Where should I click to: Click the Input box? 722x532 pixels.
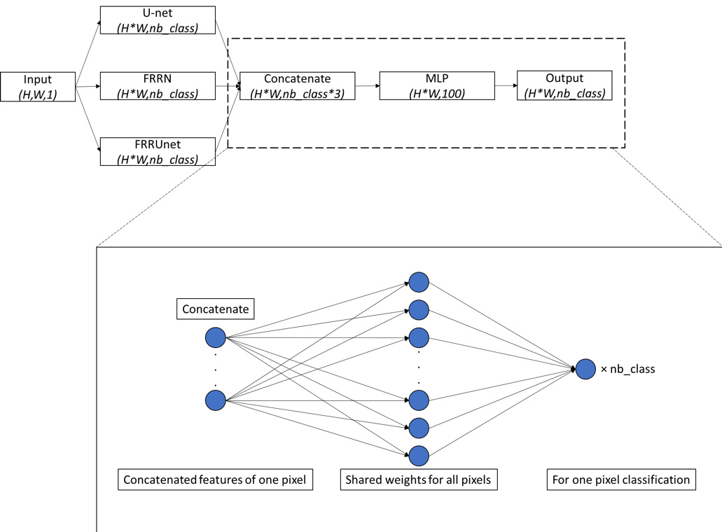pos(38,86)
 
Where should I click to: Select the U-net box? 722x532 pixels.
pos(158,21)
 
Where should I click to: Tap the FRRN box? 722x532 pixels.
pos(158,86)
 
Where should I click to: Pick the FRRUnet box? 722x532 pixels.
pos(158,151)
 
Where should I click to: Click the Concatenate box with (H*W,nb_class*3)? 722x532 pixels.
pos(297,86)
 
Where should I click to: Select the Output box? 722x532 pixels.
pos(564,86)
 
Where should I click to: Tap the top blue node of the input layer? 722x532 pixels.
pos(215,338)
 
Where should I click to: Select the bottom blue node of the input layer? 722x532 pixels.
pos(215,400)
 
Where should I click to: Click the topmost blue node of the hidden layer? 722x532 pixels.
pos(419,282)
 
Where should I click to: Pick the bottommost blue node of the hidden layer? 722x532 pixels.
pos(419,455)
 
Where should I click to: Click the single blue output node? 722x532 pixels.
pos(585,368)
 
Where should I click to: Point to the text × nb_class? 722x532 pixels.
pos(627,369)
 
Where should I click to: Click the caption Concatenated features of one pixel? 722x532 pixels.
pos(215,480)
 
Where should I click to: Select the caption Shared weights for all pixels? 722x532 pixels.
pos(419,480)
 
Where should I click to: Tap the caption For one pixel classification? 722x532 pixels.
pos(621,480)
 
